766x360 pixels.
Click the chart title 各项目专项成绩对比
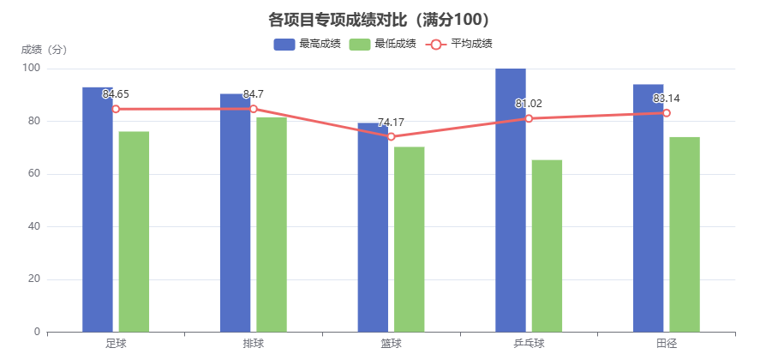tap(382, 19)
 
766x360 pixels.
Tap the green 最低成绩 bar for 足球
tap(135, 231)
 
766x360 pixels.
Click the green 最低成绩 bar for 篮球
tap(410, 239)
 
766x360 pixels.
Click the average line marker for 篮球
tap(392, 136)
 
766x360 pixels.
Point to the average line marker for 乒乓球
tap(529, 118)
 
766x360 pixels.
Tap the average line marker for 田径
tap(667, 113)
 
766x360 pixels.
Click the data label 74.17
tap(392, 123)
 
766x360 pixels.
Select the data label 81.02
tap(529, 104)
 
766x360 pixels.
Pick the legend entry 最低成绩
tap(383, 44)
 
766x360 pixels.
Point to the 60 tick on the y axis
tap(34, 174)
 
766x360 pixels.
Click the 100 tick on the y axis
tap(32, 68)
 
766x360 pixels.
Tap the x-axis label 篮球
tap(392, 344)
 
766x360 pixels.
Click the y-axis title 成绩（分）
tap(45, 49)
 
